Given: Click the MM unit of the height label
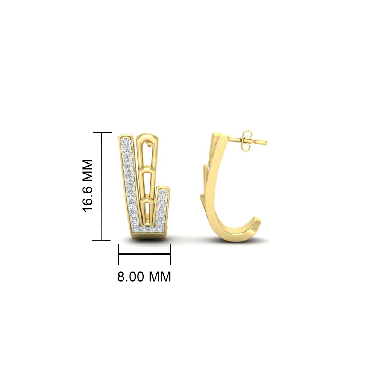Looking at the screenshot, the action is [x=88, y=169].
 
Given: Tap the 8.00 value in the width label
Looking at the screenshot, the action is [x=131, y=276].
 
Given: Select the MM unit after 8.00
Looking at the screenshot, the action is [x=160, y=276].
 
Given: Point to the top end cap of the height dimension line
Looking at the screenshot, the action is [x=102, y=132].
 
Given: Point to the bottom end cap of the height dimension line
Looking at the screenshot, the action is [x=102, y=241].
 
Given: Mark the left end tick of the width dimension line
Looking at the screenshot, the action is [x=119, y=255].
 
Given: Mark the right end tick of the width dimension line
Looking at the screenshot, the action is [x=170, y=255].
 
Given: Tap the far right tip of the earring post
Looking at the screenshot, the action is [x=267, y=143].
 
